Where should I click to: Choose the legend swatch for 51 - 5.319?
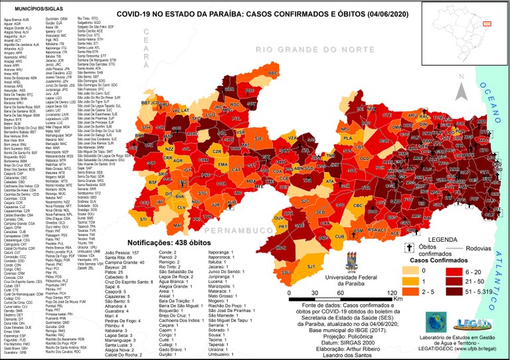click(454, 291)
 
